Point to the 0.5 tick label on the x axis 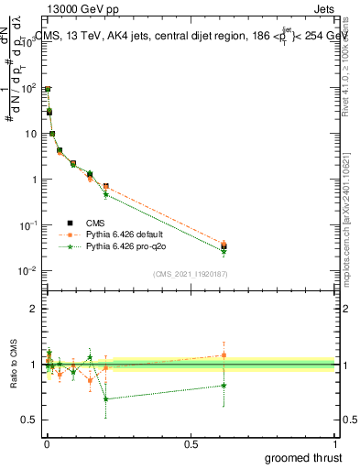pyautogui.click(x=191, y=444)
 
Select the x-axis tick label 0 pyautogui.click(x=46, y=444)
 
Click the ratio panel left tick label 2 pyautogui.click(x=33, y=309)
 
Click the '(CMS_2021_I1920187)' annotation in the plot pyautogui.click(x=190, y=274)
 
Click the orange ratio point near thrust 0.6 pyautogui.click(x=224, y=355)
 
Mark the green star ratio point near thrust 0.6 pyautogui.click(x=224, y=386)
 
